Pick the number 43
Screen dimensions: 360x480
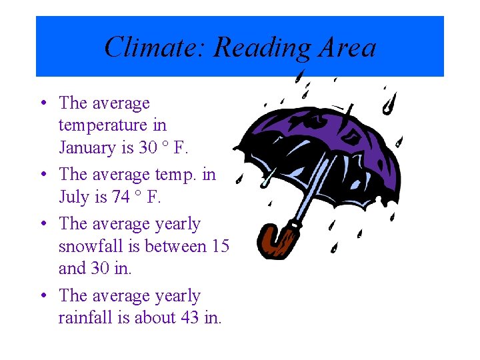190,318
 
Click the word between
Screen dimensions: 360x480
175,246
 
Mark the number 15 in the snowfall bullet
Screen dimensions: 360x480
221,246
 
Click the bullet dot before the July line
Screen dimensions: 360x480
43,175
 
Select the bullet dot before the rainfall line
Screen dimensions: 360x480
43,295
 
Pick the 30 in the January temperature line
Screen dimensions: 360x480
148,147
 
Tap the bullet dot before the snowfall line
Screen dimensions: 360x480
43,224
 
